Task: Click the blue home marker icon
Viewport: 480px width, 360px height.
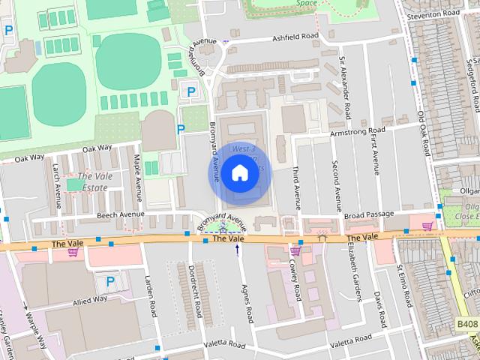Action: coord(239,173)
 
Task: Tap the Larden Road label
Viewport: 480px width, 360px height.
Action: coord(149,296)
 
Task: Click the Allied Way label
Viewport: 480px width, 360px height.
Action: coord(89,300)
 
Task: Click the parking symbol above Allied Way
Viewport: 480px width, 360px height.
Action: coord(110,283)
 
